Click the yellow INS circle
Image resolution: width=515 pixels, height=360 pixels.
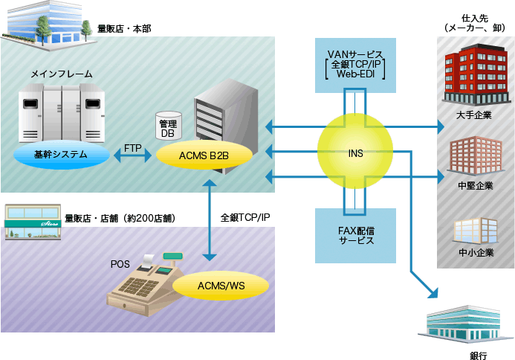355,153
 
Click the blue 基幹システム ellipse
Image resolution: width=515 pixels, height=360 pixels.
60,155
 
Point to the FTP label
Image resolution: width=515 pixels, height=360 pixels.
133,147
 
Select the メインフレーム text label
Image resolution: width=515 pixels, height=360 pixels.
62,74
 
